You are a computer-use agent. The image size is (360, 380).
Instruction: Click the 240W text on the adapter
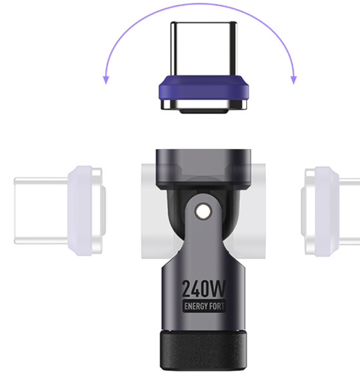point(203,288)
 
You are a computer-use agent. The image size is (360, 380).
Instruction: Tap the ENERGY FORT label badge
point(204,306)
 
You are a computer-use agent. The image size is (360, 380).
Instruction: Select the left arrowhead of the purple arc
point(106,80)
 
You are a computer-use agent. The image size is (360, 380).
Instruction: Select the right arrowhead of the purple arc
point(294,80)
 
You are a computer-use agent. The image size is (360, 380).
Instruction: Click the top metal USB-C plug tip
point(204,49)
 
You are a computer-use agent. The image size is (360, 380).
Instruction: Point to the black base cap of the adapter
point(203,350)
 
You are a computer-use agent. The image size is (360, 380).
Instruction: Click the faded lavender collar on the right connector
point(326,211)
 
